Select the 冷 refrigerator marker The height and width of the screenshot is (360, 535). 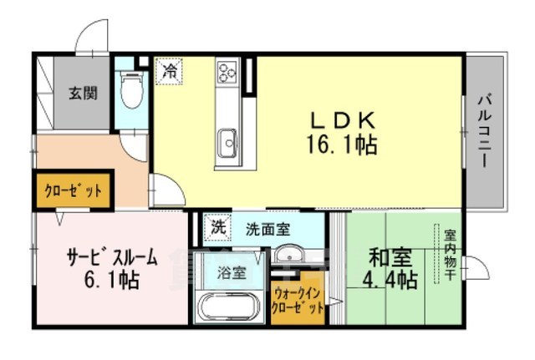(x=170, y=72)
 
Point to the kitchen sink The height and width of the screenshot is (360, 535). (x=227, y=145)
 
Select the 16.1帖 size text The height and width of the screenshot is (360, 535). (x=342, y=145)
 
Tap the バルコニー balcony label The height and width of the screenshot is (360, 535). (x=485, y=130)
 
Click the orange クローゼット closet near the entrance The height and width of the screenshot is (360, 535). (x=73, y=190)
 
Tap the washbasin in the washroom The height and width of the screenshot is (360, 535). (x=290, y=255)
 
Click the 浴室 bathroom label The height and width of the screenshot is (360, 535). (x=231, y=271)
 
